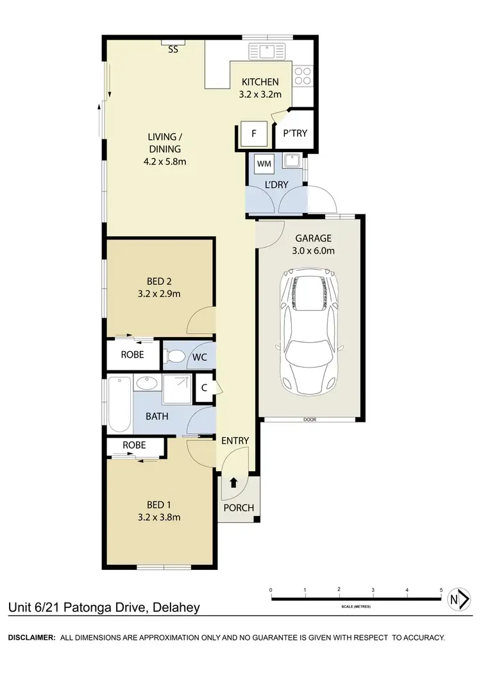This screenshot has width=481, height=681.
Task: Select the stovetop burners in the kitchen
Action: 303,77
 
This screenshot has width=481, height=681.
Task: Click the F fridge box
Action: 254,134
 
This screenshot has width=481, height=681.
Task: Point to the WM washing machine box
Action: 264,164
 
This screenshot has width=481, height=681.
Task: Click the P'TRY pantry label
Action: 295,134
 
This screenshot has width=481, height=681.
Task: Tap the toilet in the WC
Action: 175,355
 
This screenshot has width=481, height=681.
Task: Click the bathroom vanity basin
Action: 147,383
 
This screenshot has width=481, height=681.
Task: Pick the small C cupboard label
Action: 204,388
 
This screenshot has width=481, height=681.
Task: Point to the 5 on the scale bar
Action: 441,589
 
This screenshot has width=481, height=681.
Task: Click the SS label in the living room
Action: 173,49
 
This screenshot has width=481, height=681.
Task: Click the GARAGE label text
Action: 312,238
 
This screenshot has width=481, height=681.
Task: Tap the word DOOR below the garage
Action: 310,420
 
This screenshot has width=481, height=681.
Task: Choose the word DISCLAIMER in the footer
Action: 31,637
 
